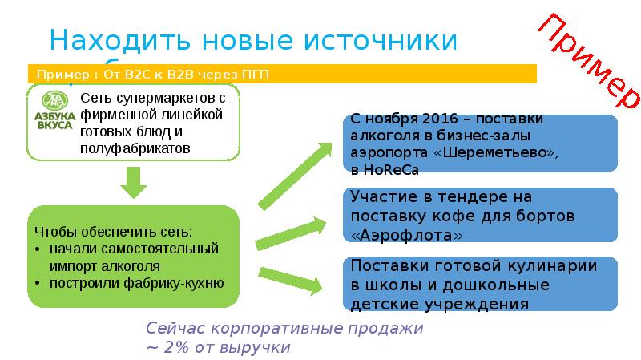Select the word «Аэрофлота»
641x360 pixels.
(407, 236)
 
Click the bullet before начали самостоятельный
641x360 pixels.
(39, 249)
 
